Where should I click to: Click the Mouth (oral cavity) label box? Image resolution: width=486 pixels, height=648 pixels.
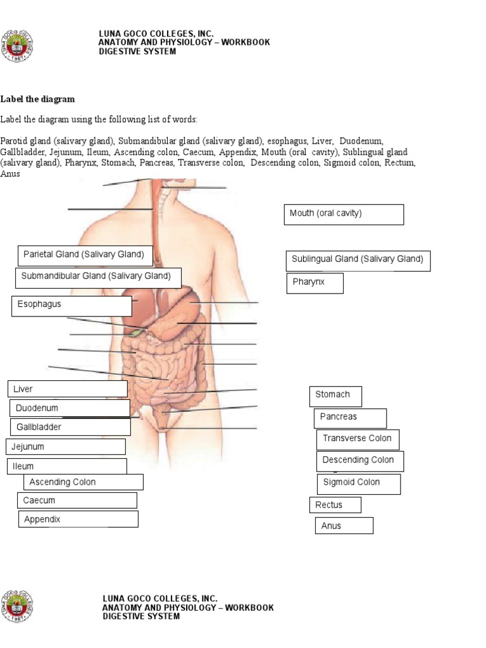click(344, 215)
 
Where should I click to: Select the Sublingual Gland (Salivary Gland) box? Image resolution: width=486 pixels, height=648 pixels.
click(358, 260)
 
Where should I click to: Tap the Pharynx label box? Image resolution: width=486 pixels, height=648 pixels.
click(315, 283)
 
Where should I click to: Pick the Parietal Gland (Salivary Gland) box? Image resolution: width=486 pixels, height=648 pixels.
click(85, 256)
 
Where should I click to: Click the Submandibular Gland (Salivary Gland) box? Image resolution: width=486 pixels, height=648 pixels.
click(98, 278)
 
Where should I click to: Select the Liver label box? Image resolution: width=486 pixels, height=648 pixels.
click(67, 389)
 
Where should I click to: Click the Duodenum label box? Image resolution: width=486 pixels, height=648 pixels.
click(70, 408)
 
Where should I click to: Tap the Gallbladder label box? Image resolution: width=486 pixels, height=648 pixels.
click(70, 427)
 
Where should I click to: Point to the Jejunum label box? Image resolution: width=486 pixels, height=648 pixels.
click(66, 447)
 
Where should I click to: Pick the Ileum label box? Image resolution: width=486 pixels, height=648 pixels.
click(66, 466)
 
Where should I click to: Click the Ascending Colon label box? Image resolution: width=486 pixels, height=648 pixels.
click(84, 482)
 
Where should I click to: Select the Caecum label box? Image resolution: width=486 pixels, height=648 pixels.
click(77, 501)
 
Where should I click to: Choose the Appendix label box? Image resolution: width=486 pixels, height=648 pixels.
click(78, 520)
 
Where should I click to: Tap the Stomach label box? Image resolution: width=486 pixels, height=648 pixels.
click(335, 396)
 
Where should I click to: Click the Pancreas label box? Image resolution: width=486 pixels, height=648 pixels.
click(350, 418)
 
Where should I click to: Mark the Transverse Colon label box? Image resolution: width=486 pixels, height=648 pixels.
click(358, 439)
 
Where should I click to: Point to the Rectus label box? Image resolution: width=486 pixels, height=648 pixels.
click(335, 505)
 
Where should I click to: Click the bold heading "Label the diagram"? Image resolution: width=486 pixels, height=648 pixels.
click(38, 99)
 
